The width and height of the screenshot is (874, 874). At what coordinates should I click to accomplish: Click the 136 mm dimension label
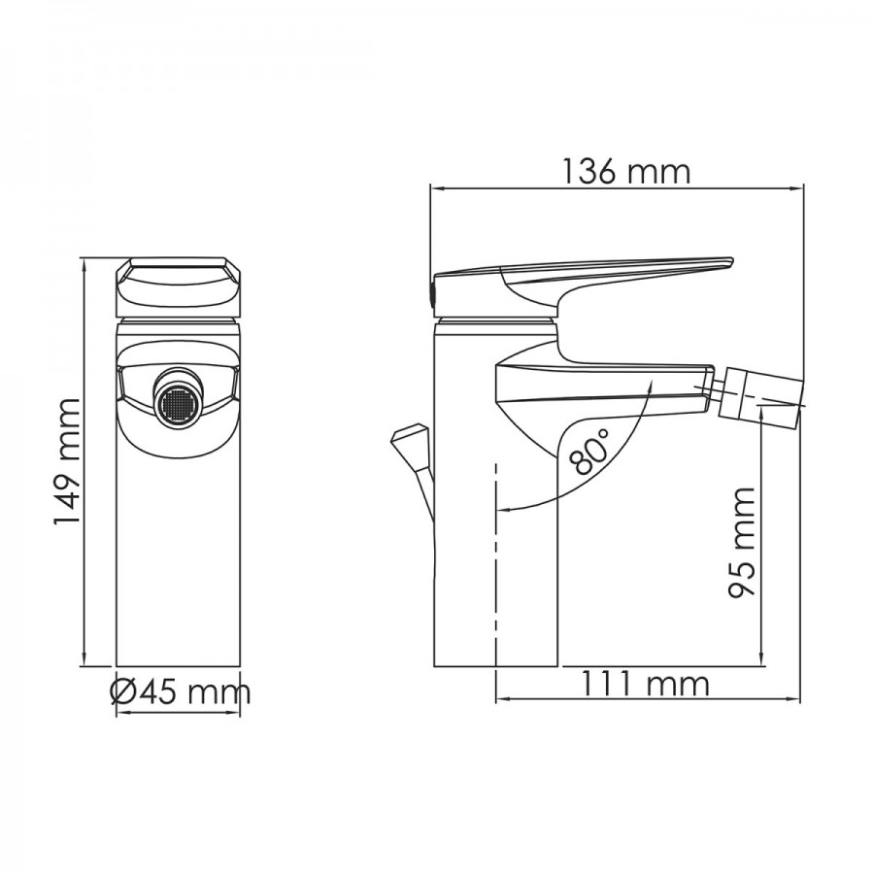point(625,171)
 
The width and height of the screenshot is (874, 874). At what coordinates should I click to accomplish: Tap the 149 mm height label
point(67,461)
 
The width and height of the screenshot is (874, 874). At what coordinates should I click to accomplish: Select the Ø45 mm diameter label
point(180,692)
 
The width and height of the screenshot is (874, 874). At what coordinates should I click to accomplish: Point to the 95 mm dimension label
point(741,542)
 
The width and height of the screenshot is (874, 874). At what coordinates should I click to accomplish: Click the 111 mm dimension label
point(645,684)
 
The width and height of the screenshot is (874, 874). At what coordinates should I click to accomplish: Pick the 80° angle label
point(590,451)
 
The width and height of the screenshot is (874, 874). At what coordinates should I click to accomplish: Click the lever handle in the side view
point(583,285)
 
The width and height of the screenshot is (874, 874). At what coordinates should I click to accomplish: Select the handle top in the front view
point(179,288)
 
